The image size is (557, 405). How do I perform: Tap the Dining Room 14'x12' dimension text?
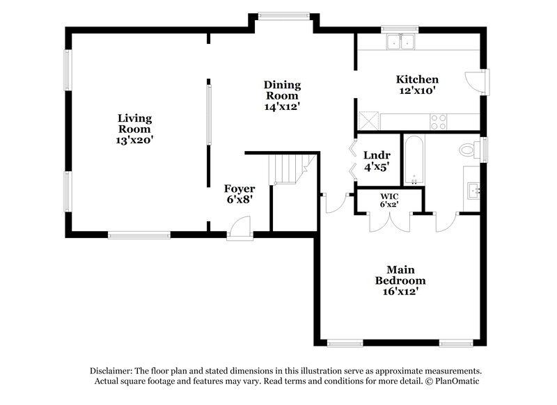tap(282, 107)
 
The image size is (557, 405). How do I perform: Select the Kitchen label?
tap(417, 79)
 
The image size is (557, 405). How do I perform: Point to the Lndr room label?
tap(377, 154)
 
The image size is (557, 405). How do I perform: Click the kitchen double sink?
tap(400, 42)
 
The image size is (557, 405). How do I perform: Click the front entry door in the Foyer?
tap(239, 228)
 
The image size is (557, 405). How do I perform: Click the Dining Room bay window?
tap(282, 15)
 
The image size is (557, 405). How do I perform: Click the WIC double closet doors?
tap(388, 221)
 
